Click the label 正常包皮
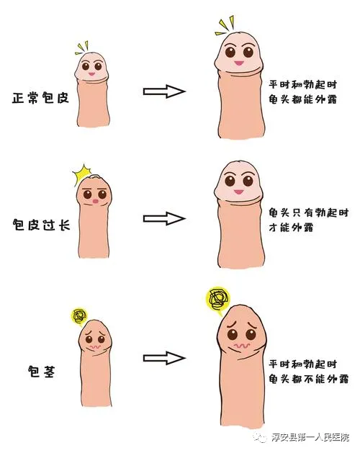coord(40,98)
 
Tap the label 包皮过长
coord(42,225)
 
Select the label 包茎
coord(41,371)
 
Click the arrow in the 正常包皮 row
coord(164,91)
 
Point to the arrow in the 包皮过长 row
coord(164,219)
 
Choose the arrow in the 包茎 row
coord(164,358)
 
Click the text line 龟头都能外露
coord(303,99)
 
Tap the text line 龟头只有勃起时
coord(309,212)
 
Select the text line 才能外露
coord(291,228)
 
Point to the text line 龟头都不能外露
coord(309,379)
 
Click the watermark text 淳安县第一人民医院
coord(310,437)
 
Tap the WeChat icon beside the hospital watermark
coord(260,437)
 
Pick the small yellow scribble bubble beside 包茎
coord(79,316)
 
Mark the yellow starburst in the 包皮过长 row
coord(81,174)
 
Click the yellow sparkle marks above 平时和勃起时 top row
coord(225,25)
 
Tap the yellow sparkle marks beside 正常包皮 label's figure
coord(82,48)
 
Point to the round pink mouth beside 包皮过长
coord(95,202)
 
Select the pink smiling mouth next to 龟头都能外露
coord(238,63)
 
